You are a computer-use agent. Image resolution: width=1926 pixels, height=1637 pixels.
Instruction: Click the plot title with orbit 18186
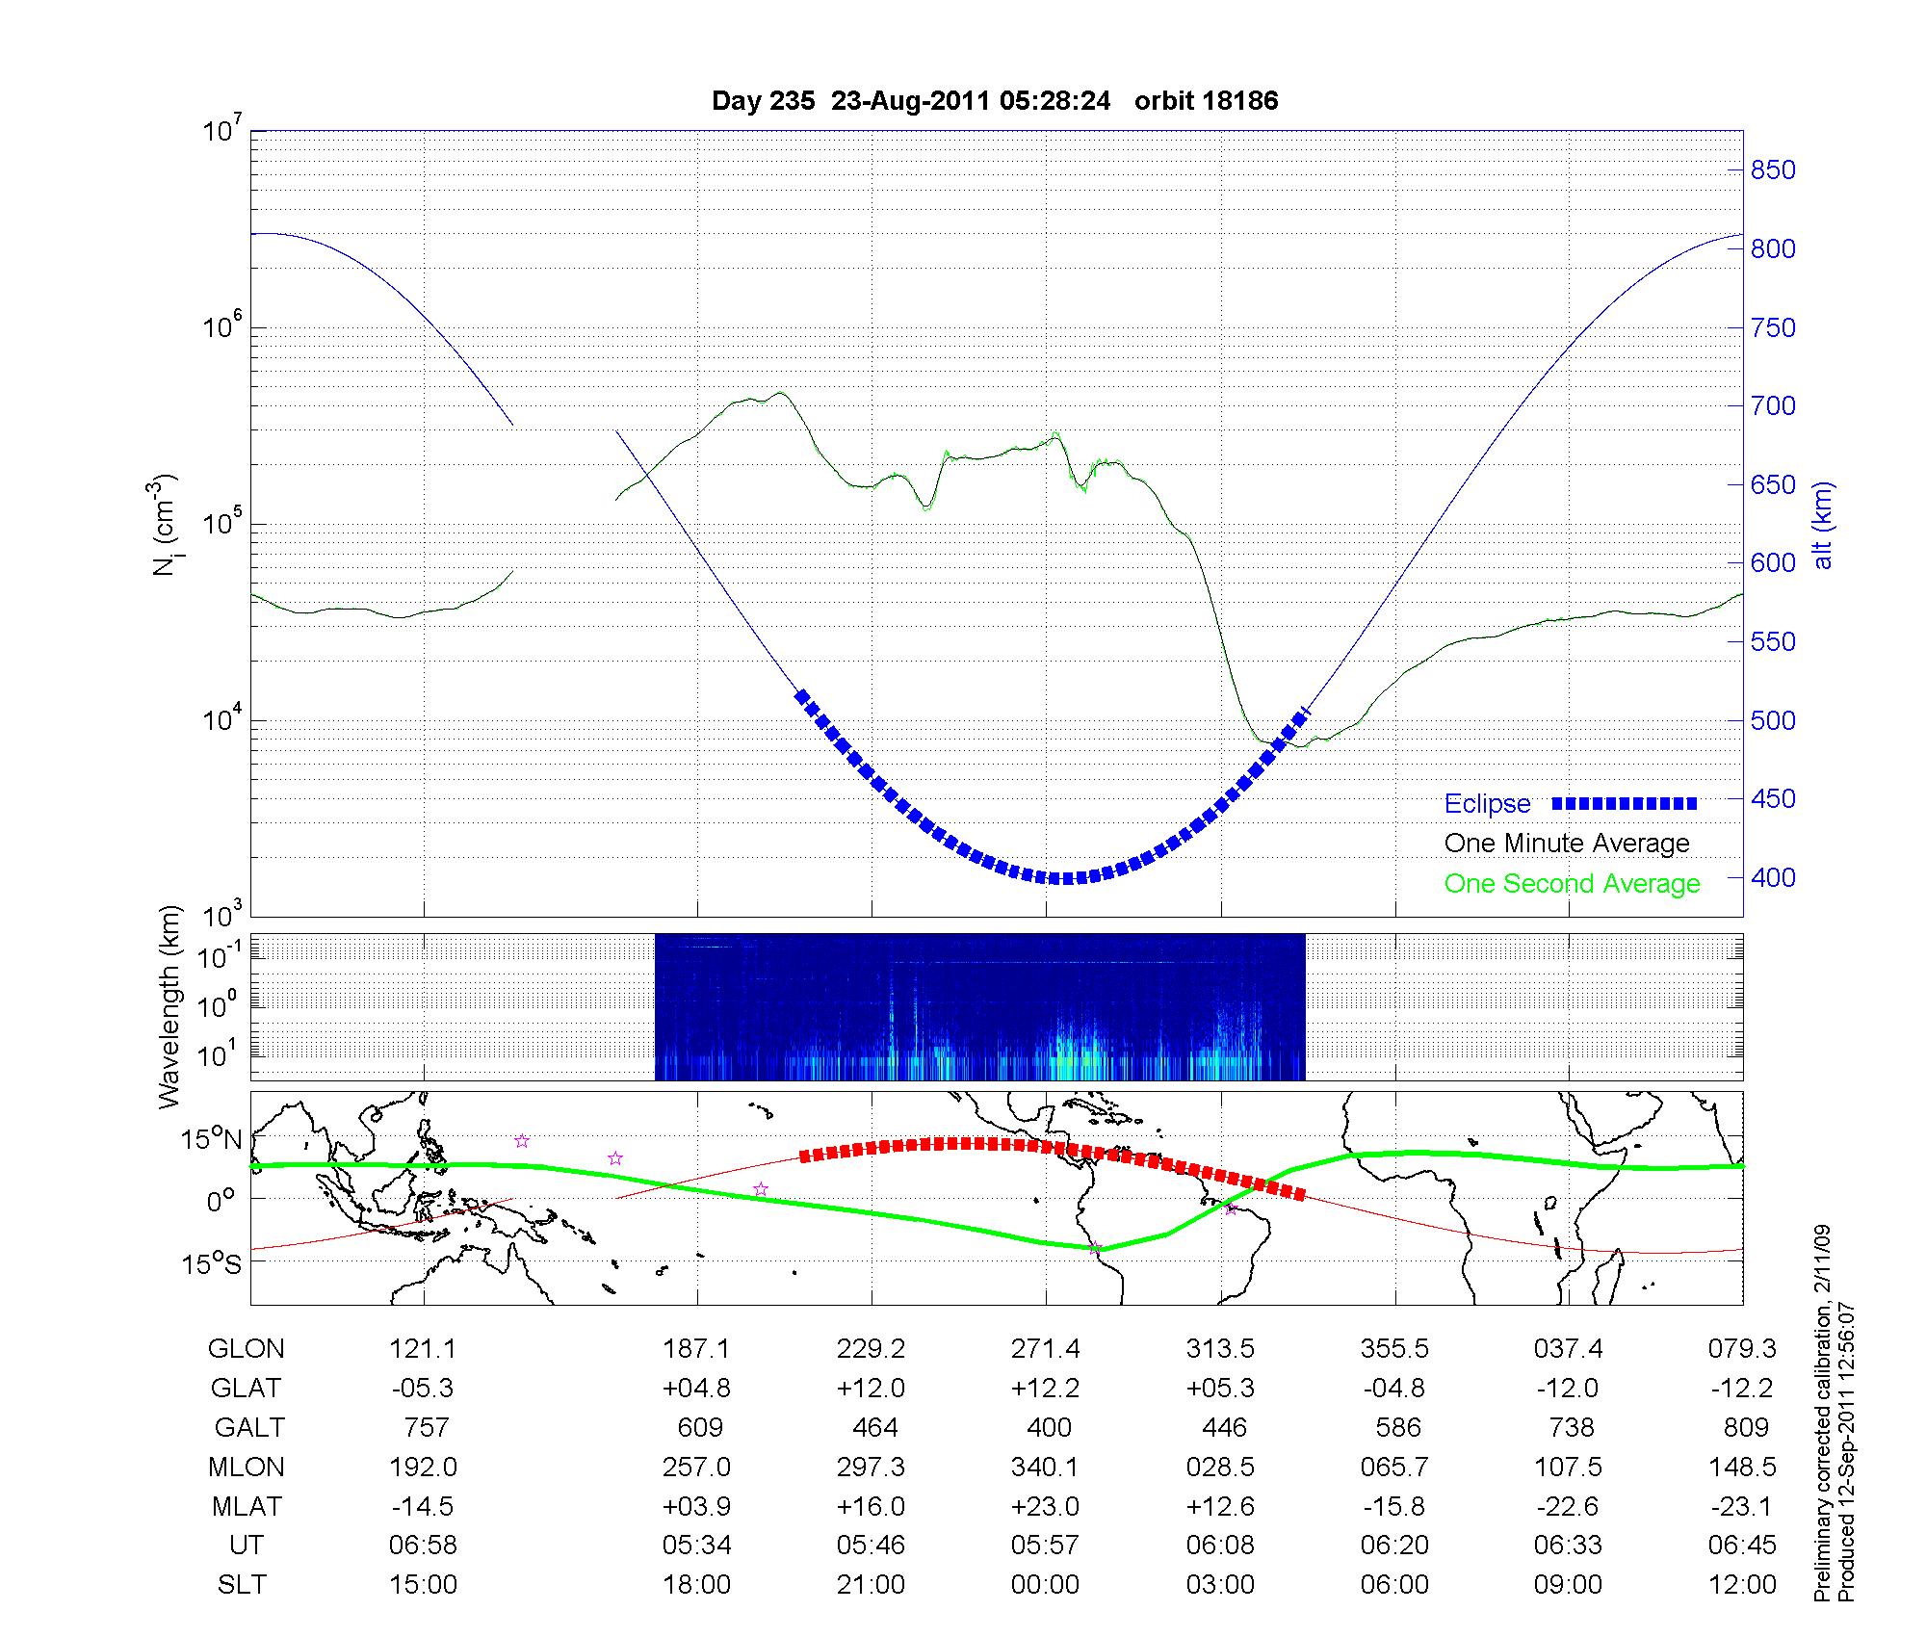(995, 101)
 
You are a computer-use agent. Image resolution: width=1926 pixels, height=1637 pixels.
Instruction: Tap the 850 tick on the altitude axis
(1772, 170)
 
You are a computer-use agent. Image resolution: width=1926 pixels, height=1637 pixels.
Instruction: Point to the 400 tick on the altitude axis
(1772, 878)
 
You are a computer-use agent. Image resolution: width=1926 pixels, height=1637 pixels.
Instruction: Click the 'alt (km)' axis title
(1823, 525)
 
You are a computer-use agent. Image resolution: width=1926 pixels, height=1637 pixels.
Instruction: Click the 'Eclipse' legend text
(1487, 804)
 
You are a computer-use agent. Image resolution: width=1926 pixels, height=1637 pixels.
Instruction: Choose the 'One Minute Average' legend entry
(1567, 844)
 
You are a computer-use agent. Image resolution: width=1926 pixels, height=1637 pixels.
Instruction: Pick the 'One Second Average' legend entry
(1572, 884)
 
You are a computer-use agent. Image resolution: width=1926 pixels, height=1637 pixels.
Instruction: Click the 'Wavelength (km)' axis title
(169, 1007)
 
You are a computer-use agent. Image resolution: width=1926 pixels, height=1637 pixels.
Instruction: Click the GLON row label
(246, 1349)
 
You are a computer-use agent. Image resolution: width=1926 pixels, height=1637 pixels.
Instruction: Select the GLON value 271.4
(1045, 1349)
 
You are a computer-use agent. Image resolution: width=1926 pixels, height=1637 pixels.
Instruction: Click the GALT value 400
(1049, 1428)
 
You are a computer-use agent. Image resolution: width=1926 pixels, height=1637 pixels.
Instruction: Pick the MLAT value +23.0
(1045, 1506)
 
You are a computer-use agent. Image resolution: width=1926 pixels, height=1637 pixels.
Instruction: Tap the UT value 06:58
(423, 1546)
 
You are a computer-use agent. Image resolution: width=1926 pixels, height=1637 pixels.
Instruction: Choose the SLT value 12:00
(1742, 1585)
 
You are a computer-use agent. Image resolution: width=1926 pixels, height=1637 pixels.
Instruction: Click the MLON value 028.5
(1220, 1468)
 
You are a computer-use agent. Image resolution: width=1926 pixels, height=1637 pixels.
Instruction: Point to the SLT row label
(242, 1585)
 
